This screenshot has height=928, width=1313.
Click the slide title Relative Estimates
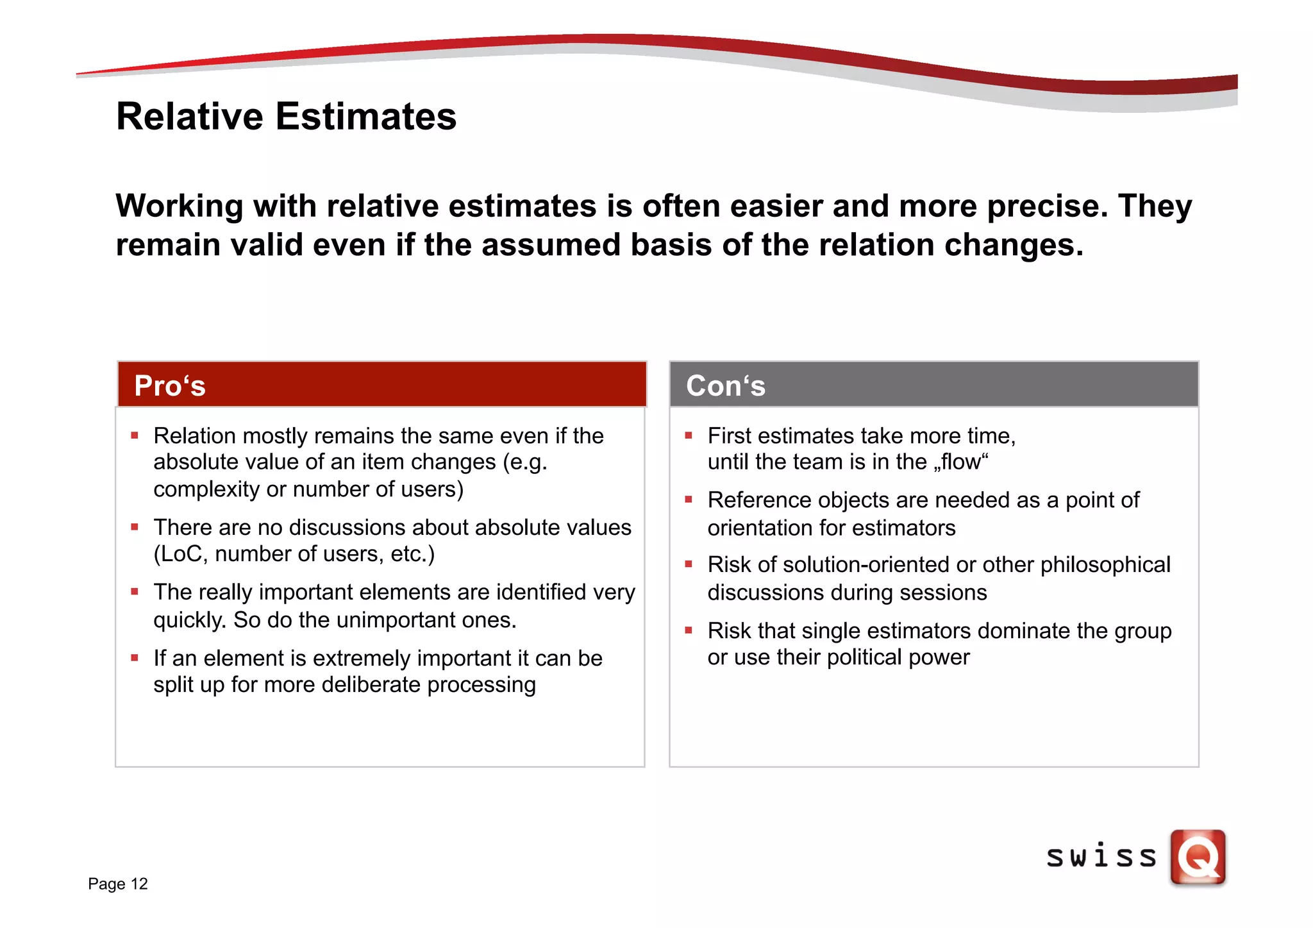pyautogui.click(x=286, y=117)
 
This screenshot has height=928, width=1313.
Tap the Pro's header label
pyautogui.click(x=170, y=386)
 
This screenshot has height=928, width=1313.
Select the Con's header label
pyautogui.click(x=725, y=386)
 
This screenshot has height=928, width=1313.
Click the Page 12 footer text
pyautogui.click(x=118, y=884)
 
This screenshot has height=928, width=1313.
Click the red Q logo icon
pyautogui.click(x=1198, y=857)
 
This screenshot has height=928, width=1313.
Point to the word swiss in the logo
pyautogui.click(x=1101, y=857)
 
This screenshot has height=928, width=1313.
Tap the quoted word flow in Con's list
pyautogui.click(x=961, y=462)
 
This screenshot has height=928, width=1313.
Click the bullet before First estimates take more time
pyautogui.click(x=689, y=435)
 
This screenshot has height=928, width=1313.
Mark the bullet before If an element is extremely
pyautogui.click(x=135, y=657)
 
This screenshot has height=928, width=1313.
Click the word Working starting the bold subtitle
pyautogui.click(x=180, y=207)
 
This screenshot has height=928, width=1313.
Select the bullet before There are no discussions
pyautogui.click(x=135, y=527)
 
